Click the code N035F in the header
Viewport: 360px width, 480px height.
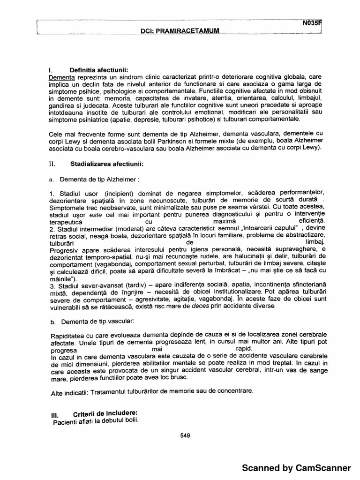click(312, 22)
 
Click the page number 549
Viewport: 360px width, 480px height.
click(185, 435)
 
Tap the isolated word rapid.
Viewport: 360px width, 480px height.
click(244, 349)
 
